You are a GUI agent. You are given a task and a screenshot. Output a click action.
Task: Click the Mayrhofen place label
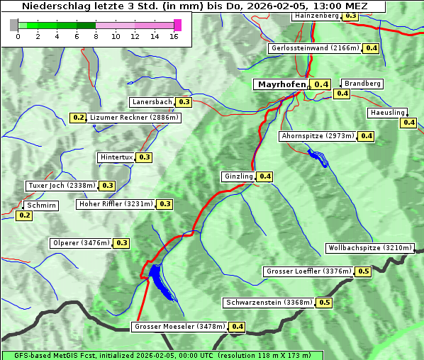pyautogui.click(x=281, y=84)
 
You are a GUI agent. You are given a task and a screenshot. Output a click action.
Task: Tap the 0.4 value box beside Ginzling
pyautogui.click(x=264, y=176)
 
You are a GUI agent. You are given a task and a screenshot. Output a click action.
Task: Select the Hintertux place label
pyautogui.click(x=116, y=157)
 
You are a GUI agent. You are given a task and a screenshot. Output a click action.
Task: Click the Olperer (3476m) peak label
pyautogui.click(x=82, y=243)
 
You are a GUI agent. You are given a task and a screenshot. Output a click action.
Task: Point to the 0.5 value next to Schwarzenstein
pyautogui.click(x=324, y=303)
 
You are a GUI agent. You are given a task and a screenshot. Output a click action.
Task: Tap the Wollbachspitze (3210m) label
pyautogui.click(x=369, y=248)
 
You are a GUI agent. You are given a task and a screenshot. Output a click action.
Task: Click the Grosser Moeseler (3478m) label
pyautogui.click(x=179, y=327)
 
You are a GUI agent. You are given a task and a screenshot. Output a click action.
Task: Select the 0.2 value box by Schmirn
pyautogui.click(x=24, y=215)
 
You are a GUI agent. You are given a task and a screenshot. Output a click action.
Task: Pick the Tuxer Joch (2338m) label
pyautogui.click(x=61, y=186)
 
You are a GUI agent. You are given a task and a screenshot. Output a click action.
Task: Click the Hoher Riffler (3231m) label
pyautogui.click(x=116, y=204)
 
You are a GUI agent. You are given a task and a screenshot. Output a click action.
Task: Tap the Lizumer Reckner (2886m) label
pyautogui.click(x=134, y=118)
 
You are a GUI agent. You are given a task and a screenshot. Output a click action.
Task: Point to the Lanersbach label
pyautogui.click(x=152, y=102)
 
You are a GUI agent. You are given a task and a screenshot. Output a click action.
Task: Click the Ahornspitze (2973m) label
pyautogui.click(x=317, y=136)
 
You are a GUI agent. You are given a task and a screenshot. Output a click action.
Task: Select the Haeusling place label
pyautogui.click(x=387, y=113)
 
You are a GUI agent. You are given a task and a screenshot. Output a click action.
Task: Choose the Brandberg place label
pyautogui.click(x=362, y=84)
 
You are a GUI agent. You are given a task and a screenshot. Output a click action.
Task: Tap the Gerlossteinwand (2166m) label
pyautogui.click(x=314, y=48)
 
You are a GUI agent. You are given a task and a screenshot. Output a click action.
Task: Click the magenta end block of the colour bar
pyautogui.click(x=177, y=26)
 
